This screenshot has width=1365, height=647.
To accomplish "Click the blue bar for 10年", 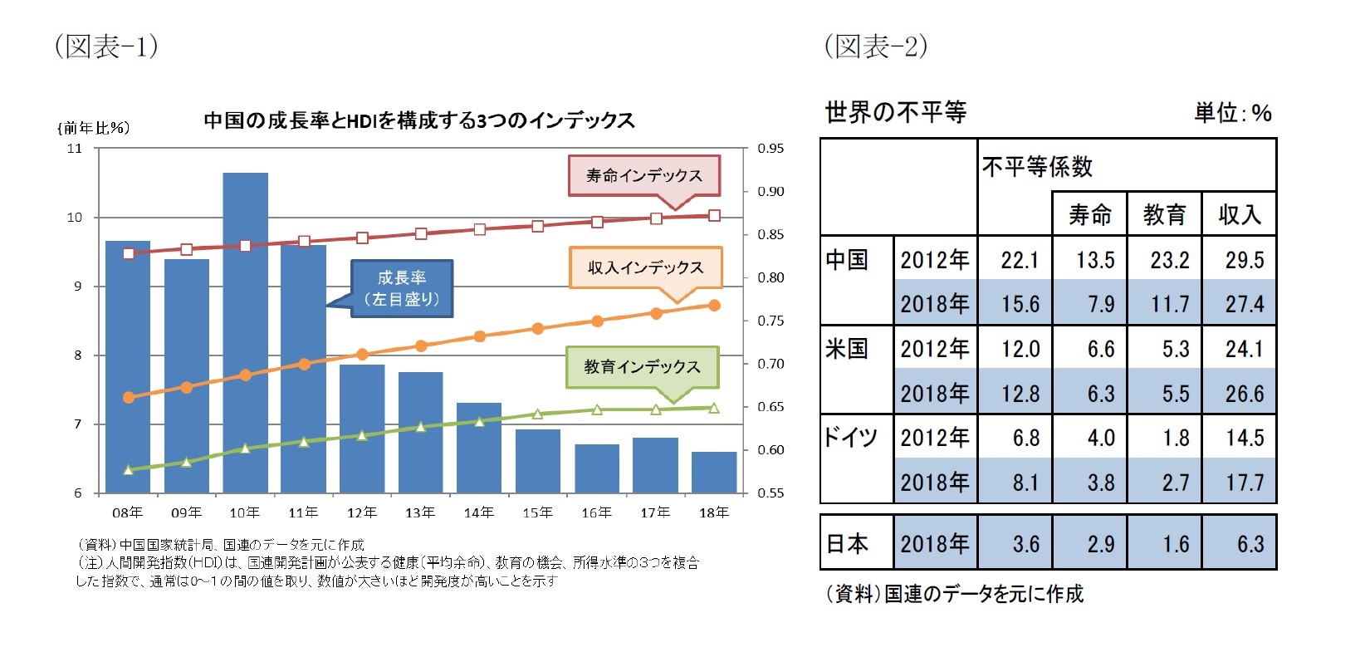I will click(245, 332).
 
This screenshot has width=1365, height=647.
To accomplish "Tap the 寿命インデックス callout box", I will click(643, 175).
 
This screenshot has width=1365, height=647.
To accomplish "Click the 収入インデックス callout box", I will click(645, 267).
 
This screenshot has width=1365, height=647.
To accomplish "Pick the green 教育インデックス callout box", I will click(642, 367).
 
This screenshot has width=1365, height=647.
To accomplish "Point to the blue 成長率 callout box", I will click(402, 288).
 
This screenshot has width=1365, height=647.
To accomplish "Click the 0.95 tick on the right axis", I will click(770, 149).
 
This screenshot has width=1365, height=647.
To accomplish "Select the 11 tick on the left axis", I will click(75, 149).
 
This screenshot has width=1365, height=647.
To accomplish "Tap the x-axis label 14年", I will click(479, 512).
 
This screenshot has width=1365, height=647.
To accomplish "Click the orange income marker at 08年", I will click(128, 398).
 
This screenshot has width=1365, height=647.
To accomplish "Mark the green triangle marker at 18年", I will click(714, 408).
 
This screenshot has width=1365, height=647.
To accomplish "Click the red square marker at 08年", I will click(128, 253).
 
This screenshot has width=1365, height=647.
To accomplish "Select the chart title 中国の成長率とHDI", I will click(419, 121).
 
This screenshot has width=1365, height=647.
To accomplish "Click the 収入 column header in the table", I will click(1239, 215).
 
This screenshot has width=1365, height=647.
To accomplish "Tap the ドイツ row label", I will click(850, 437).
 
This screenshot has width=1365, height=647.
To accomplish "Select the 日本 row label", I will click(847, 544).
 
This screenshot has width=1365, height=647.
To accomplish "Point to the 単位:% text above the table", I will click(1232, 113).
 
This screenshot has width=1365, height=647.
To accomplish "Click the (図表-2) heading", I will click(875, 46).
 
